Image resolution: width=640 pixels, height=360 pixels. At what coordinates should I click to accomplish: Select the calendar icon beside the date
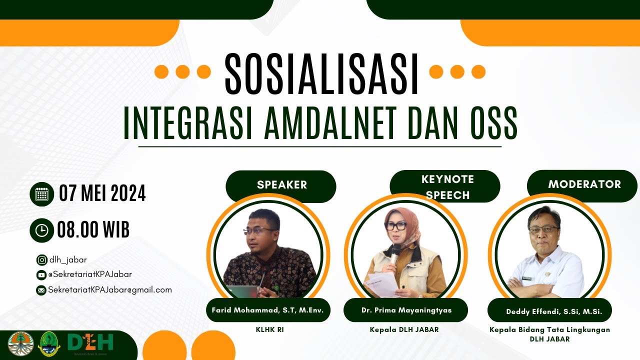point(42,194)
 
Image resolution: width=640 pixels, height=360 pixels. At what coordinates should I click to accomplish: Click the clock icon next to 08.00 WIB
point(42,230)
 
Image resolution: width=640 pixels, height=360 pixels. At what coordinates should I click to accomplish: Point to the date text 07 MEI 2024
point(102,193)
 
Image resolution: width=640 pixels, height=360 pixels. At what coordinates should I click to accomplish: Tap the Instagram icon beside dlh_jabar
point(41,260)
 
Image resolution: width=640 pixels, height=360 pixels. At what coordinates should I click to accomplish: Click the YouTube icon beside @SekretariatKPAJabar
point(41,275)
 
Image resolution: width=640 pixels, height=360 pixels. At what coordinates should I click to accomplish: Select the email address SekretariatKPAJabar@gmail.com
point(109,290)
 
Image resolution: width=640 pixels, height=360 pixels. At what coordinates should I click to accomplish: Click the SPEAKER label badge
point(281,185)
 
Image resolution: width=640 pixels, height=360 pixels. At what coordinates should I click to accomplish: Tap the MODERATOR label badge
point(583,184)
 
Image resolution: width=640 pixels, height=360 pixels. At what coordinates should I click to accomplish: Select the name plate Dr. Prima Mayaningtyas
point(406,310)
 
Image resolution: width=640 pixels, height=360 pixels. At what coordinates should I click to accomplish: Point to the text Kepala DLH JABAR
point(404,330)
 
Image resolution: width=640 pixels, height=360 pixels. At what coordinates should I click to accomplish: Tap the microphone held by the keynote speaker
point(395,251)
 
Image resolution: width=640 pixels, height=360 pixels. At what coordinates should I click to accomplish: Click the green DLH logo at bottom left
point(90,342)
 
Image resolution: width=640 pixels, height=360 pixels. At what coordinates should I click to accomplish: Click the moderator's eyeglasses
point(543,229)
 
